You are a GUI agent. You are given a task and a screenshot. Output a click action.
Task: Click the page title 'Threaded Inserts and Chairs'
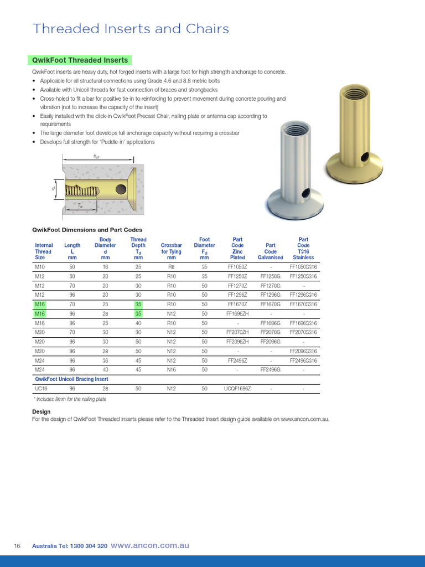[x=131, y=29]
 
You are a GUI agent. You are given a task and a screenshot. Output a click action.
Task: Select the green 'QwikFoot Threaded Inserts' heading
[x=80, y=60]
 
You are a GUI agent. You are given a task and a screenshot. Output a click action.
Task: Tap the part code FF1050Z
[x=237, y=266]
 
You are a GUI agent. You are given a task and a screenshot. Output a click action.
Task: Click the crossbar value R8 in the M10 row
[x=171, y=266]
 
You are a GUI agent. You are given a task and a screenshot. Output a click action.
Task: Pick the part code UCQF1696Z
[x=237, y=389]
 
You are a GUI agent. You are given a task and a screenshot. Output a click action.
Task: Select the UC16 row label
[x=41, y=389]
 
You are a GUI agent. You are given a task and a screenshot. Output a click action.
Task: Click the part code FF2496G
[x=271, y=369]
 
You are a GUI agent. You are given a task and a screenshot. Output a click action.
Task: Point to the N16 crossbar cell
[x=171, y=369]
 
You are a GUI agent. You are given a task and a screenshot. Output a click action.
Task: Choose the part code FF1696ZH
[x=237, y=313]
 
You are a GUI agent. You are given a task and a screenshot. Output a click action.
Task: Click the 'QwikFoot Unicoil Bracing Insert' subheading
[x=71, y=379]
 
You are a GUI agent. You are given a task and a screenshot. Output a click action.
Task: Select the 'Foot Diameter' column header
[x=204, y=248]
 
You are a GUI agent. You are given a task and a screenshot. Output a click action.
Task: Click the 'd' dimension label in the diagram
[x=54, y=188]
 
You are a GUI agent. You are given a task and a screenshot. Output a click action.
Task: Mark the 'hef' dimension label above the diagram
[x=96, y=157]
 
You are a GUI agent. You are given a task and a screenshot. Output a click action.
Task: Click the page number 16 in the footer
[x=17, y=546]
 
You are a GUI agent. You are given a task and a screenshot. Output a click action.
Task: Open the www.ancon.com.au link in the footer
[x=150, y=545]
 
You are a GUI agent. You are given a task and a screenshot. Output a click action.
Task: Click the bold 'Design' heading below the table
[x=42, y=411]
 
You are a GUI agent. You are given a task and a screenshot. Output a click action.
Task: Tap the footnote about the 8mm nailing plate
[x=70, y=399]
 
